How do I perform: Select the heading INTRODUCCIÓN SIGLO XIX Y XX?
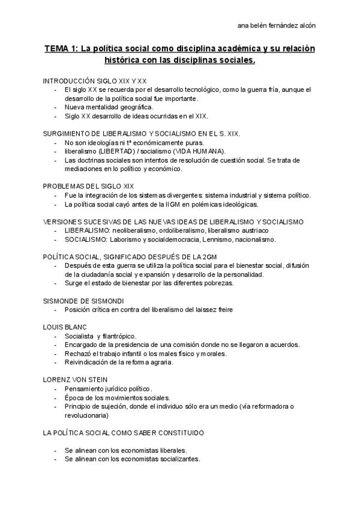[95, 80]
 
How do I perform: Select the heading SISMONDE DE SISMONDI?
[84, 301]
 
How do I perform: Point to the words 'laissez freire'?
[212, 310]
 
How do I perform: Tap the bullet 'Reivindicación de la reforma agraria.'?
[119, 363]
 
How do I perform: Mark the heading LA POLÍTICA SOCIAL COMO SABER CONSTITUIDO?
[123, 432]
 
